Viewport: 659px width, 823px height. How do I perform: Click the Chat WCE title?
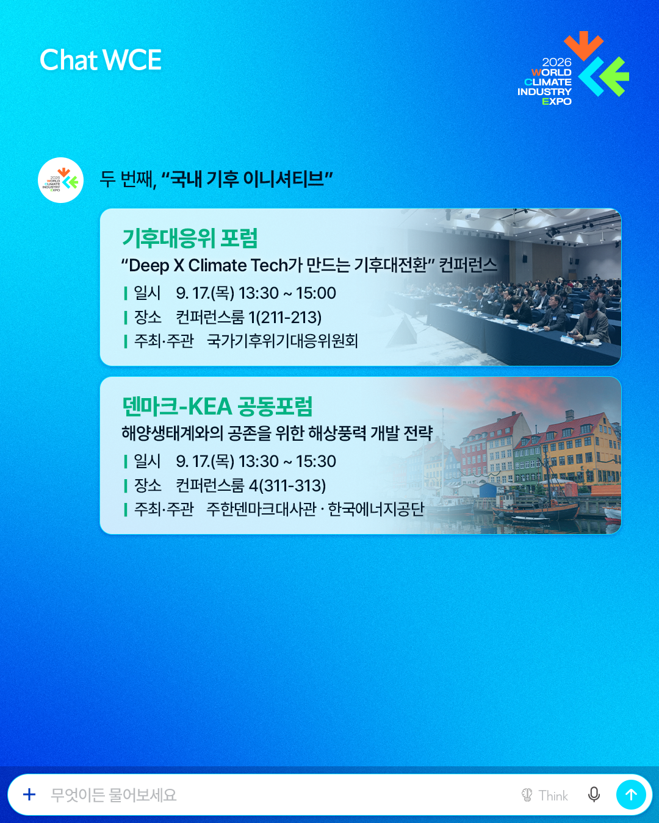click(x=100, y=60)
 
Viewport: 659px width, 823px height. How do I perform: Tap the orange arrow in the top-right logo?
click(x=583, y=46)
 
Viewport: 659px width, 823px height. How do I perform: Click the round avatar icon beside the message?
click(x=60, y=180)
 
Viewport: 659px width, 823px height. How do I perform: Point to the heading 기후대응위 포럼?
click(x=190, y=238)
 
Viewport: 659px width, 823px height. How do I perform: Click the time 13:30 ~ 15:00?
click(x=287, y=293)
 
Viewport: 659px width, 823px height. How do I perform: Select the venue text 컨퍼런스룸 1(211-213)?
click(x=248, y=317)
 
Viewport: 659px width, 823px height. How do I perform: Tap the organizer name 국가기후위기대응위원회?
click(x=282, y=341)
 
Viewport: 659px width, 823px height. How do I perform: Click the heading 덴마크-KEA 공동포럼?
click(x=217, y=406)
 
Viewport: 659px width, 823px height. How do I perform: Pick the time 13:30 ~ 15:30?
click(x=287, y=461)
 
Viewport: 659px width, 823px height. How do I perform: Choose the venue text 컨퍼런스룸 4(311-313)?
click(x=251, y=485)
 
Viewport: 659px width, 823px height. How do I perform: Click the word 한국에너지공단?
click(x=376, y=509)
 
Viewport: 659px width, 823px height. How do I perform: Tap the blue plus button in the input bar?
click(x=29, y=794)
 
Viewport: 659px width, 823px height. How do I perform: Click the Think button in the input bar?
click(x=544, y=796)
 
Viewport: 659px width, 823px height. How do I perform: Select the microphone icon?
click(x=594, y=794)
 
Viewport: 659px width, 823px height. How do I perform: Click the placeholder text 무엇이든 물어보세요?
click(x=113, y=795)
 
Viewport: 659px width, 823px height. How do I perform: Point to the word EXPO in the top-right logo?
click(x=556, y=101)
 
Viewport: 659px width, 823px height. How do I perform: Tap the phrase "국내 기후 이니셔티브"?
click(x=247, y=179)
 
